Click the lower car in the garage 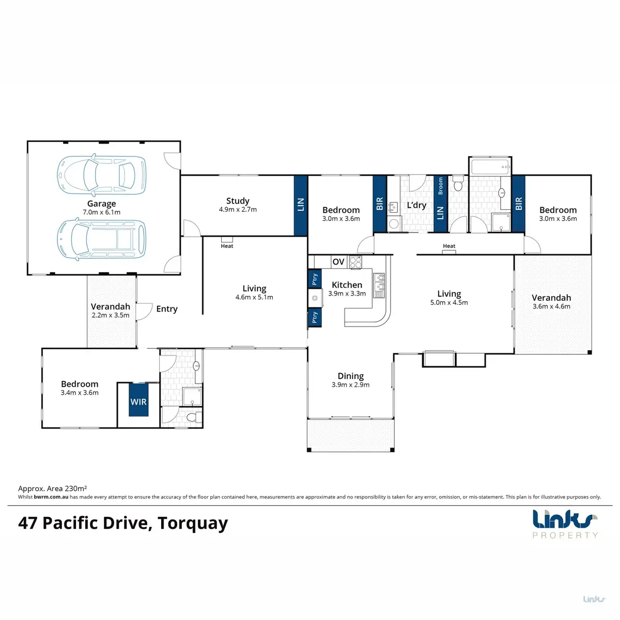(101, 239)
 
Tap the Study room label (238, 201)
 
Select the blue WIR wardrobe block (138, 399)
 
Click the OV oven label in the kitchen (338, 262)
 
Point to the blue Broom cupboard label (440, 185)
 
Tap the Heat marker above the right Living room (449, 246)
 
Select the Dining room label (351, 376)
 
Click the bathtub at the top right (490, 166)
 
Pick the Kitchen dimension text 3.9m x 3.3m (347, 293)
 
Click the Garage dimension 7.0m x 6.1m (101, 212)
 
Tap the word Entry (167, 309)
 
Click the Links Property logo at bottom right (565, 523)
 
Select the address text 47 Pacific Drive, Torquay (123, 523)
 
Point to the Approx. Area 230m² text (52, 488)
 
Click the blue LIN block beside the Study (301, 205)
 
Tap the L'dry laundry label (416, 205)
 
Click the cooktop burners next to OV (355, 262)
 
